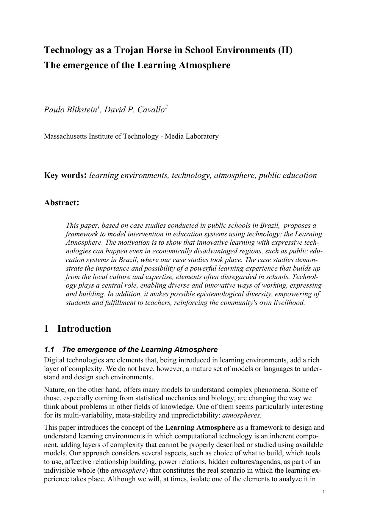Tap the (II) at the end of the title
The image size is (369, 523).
[x=285, y=50]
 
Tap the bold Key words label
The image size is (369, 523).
[x=65, y=175]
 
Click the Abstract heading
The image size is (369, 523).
[x=61, y=203]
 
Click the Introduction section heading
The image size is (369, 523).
[x=84, y=329]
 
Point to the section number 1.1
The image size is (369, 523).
[x=49, y=349]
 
